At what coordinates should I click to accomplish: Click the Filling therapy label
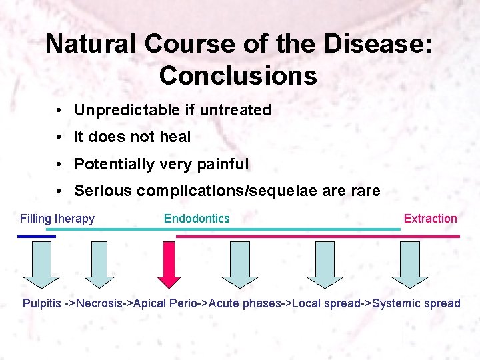pos(57,219)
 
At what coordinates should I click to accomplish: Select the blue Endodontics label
pos(197,219)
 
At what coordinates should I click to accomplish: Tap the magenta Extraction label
pos(430,219)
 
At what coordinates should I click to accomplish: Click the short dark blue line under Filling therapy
pos(37,236)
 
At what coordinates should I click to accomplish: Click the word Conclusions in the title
pos(238,76)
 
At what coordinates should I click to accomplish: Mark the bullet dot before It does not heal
pos(60,137)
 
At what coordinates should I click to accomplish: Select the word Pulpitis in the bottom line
pos(41,303)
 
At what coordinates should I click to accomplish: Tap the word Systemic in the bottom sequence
pos(398,303)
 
